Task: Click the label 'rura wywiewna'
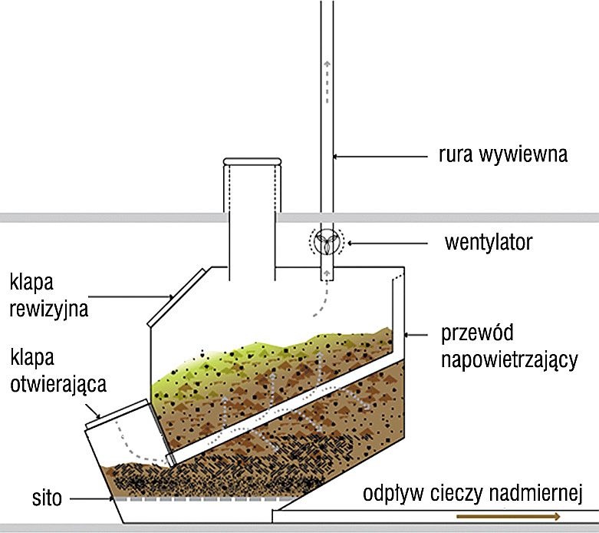502,154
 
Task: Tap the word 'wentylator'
489,242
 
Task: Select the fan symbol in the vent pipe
327,242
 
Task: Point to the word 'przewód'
477,333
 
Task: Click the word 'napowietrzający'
509,360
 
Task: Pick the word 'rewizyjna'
49,309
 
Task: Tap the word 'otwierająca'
58,384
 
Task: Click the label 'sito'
47,498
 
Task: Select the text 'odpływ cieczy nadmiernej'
472,493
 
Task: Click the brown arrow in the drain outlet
508,517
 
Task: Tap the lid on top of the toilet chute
252,161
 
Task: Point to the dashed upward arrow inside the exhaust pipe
327,82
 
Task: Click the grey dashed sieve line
202,499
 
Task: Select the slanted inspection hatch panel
177,298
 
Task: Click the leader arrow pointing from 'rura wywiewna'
380,156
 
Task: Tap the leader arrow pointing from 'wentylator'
387,243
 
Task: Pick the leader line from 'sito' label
91,499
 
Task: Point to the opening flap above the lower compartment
117,414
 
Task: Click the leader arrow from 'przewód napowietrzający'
416,335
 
